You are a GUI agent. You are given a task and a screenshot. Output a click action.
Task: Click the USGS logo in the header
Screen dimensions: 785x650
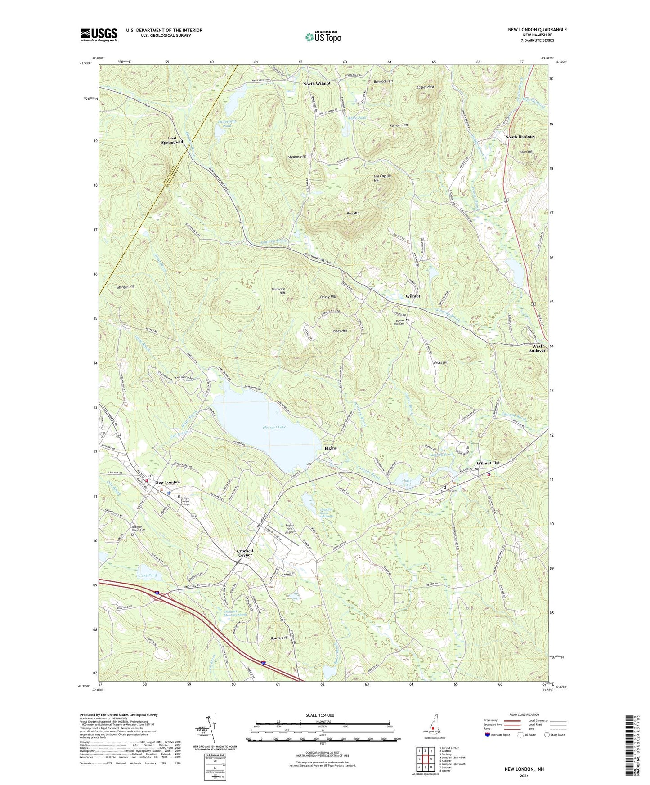pos(99,34)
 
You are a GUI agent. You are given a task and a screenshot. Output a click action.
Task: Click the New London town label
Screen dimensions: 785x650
pos(167,482)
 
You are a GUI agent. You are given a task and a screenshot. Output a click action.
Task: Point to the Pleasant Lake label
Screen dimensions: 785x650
pos(274,427)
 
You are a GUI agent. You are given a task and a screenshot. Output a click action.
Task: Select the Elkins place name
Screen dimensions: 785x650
pos(331,448)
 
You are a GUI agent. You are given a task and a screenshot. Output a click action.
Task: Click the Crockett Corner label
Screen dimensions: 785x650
pos(245,553)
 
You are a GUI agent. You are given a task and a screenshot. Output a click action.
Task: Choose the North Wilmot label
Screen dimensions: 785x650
pos(316,84)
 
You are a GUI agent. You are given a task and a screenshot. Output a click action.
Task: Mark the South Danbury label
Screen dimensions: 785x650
pos(520,137)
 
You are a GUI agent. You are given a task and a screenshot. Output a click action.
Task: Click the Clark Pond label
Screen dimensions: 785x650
pos(148,575)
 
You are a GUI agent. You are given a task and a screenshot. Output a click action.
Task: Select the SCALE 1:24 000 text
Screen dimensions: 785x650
pos(323,715)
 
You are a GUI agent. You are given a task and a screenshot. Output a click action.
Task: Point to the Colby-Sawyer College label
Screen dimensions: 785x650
pos(185,501)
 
